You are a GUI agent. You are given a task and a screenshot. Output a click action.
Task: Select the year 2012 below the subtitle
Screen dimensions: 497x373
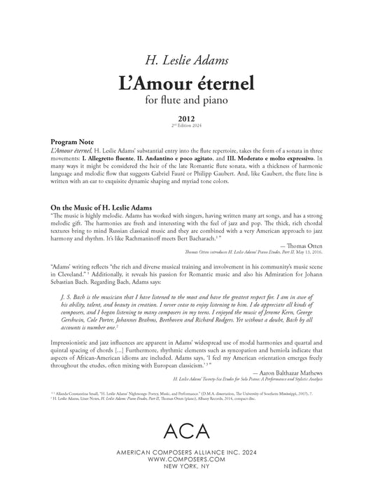pos(186,120)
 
